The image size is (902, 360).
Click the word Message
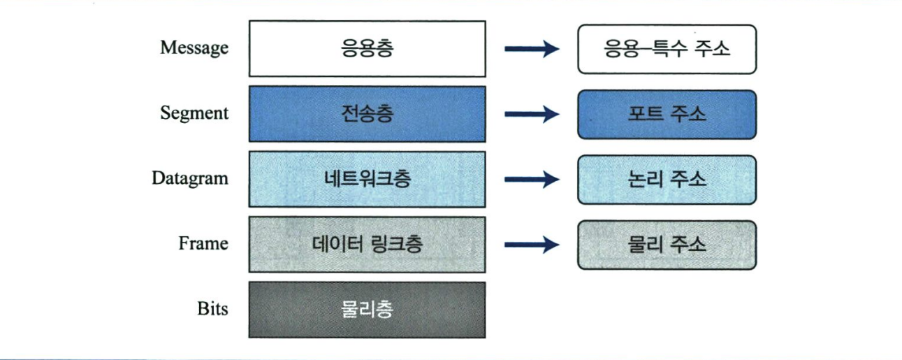[x=194, y=48]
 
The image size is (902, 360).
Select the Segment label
[x=194, y=113]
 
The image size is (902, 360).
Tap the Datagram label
[x=190, y=178]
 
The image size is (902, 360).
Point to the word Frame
[x=203, y=243]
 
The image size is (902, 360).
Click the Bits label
[x=212, y=308]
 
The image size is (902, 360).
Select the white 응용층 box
[x=367, y=48]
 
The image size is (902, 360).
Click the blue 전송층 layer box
[x=367, y=114]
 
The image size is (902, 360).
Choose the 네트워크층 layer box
[x=367, y=179]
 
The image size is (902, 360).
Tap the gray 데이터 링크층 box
[x=367, y=244]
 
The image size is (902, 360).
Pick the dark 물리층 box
[x=367, y=310]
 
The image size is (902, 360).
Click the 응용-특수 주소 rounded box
[x=667, y=49]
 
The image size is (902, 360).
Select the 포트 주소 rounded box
[x=667, y=115]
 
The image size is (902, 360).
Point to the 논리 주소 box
[x=667, y=180]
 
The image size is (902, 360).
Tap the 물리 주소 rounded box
[x=667, y=245]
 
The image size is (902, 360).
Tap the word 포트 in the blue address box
[x=645, y=115]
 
